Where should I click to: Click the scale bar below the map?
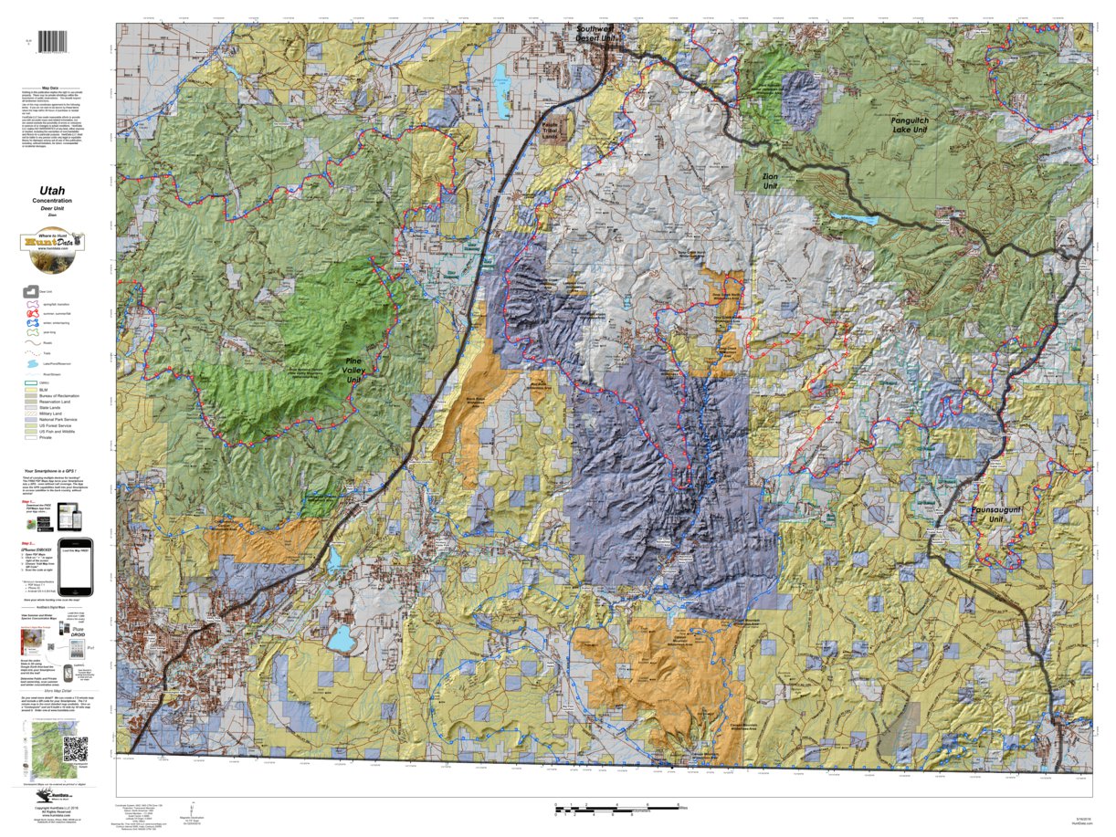coord(616,807)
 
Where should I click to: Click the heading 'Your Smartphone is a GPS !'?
coord(57,472)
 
